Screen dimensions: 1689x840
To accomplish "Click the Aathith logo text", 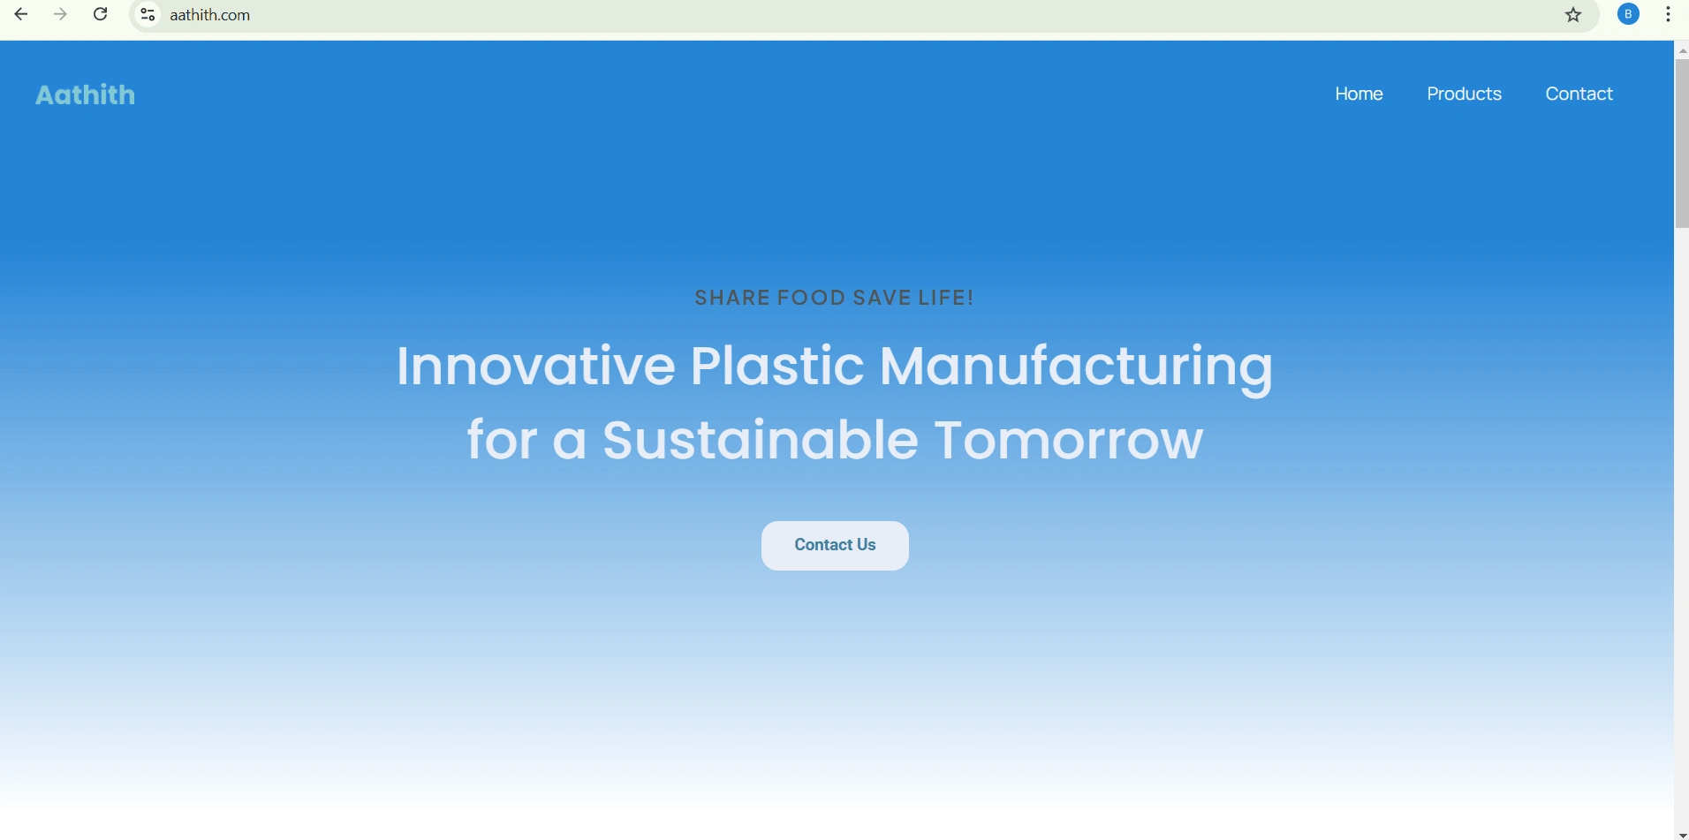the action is [86, 95].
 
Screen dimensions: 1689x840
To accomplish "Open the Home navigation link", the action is [1359, 94].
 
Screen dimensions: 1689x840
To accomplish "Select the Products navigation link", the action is [1464, 94].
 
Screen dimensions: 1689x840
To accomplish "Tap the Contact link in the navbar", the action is [1579, 94].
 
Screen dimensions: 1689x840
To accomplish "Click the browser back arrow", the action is [21, 14].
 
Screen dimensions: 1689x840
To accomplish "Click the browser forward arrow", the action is [60, 14].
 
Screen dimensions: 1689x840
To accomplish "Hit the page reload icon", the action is [101, 14].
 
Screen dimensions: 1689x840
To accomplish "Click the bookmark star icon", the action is [1573, 15].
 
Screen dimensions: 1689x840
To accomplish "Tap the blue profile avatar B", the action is [1629, 14].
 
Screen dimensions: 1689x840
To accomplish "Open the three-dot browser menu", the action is [1669, 14].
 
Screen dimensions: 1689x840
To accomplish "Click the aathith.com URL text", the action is [210, 15].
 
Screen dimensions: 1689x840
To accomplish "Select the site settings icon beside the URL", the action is [148, 15].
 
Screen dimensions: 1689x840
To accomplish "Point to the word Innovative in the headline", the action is [535, 366].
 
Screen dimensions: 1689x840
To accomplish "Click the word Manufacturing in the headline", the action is [1077, 367].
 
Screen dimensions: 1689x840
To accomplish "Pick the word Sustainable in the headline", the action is [761, 440].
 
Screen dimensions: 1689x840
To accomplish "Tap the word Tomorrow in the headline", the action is [1069, 440].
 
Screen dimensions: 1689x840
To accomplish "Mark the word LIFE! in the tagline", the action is [946, 298].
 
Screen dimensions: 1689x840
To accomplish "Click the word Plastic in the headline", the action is [777, 366].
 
